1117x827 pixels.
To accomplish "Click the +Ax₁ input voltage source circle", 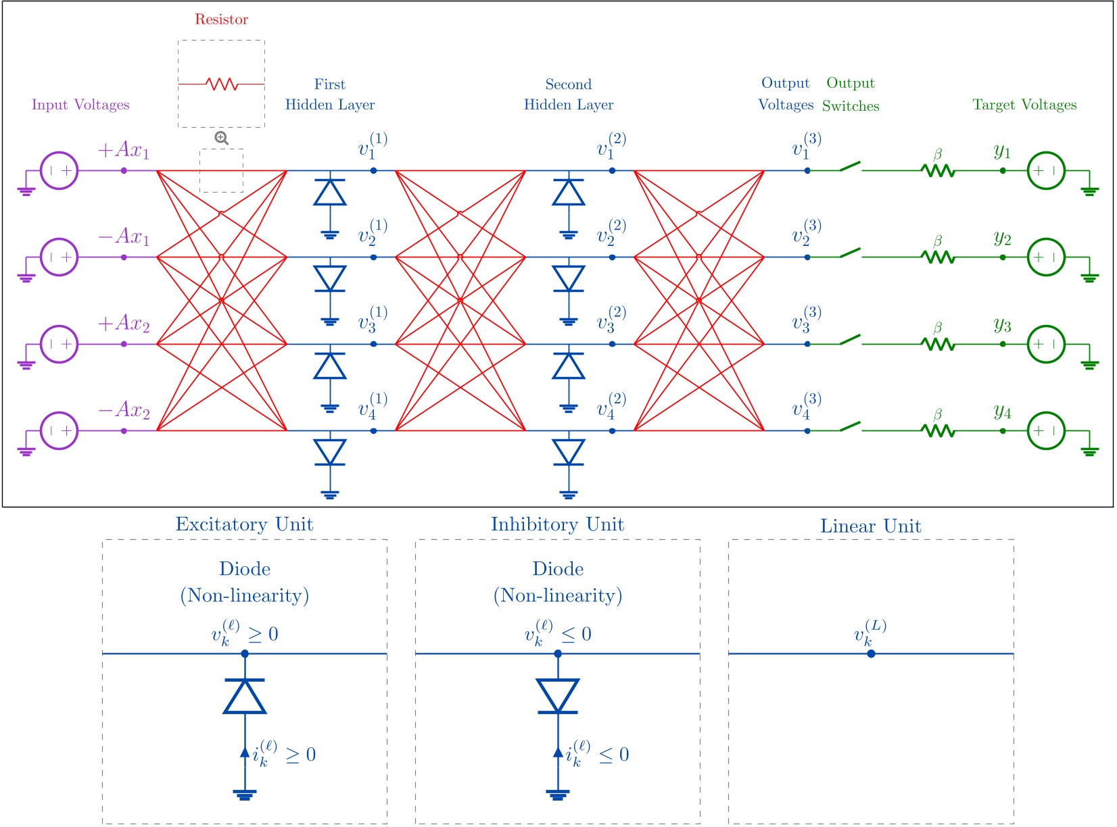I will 60,171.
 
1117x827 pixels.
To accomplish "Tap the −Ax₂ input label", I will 124,410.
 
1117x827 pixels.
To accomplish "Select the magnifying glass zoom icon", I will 221,139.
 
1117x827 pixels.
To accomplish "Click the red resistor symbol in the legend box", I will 222,84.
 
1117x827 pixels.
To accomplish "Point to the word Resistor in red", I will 221,20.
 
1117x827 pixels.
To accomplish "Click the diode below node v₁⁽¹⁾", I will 330,193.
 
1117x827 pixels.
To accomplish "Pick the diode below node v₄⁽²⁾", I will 569,452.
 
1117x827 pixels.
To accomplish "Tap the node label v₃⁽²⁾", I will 611,319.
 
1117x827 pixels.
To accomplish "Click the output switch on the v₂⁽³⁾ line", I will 850,253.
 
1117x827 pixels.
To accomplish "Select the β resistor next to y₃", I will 938,344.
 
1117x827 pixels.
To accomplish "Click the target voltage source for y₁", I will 1046,171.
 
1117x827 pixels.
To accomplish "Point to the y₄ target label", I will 1002,411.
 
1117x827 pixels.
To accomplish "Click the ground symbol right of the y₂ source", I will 1089,277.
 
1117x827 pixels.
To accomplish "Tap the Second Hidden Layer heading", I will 569,95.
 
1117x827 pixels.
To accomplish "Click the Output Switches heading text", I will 851,95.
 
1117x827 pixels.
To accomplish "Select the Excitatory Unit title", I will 244,524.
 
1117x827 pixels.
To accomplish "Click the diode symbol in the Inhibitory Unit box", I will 558,696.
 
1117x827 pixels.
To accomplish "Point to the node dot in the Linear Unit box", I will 871,653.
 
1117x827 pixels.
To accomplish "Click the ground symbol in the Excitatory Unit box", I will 245,795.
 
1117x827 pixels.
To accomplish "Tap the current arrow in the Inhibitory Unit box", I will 558,752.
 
